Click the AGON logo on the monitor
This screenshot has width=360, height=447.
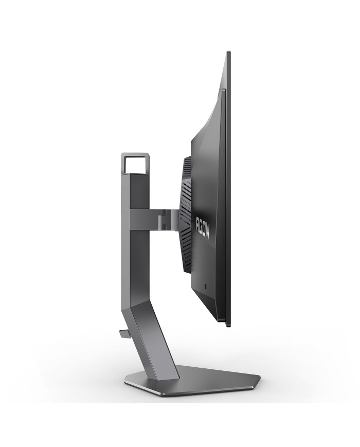point(203,227)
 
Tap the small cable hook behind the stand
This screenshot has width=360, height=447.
point(125,333)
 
